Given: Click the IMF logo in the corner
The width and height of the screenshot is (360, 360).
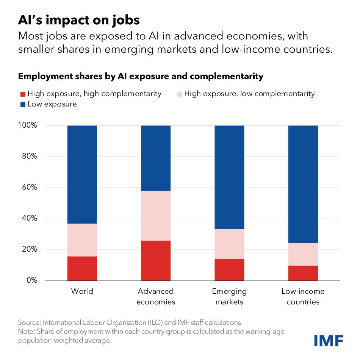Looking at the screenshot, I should click(x=329, y=340).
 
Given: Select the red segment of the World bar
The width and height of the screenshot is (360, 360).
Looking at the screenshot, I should click(x=82, y=268).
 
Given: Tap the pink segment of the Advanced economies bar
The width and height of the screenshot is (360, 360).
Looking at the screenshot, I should click(x=156, y=216).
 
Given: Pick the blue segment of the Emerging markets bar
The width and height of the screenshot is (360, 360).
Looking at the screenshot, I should click(x=229, y=177).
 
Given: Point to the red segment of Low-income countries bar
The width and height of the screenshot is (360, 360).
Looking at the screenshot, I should click(x=303, y=273).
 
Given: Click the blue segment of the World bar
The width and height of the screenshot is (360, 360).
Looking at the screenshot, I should click(x=82, y=174).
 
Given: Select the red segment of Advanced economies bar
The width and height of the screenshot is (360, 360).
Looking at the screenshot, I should click(x=156, y=260).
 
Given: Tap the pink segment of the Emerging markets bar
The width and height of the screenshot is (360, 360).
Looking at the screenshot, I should click(x=229, y=244).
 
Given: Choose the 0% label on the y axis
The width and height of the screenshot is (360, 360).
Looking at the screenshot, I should click(x=31, y=280).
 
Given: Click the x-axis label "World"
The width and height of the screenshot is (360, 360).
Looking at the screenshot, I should click(x=82, y=291).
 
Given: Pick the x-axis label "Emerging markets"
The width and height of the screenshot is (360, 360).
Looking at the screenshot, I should click(x=229, y=296).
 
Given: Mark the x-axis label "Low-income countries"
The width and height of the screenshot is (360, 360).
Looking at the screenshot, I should click(x=303, y=296).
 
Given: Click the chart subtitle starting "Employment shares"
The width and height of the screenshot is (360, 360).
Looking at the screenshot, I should click(x=141, y=76).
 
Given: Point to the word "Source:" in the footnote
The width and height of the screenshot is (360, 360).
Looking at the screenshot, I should click(x=30, y=322).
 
